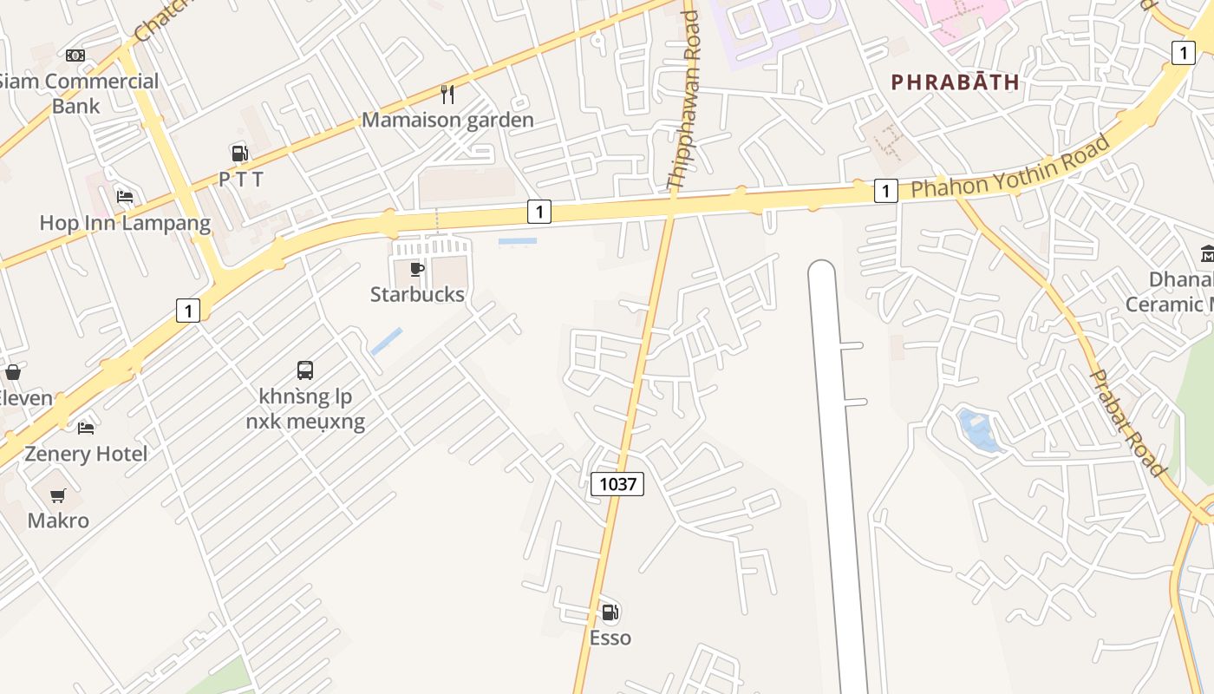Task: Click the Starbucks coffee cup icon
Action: pos(417,269)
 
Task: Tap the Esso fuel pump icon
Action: pos(610,612)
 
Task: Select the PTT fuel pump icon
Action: pos(239,154)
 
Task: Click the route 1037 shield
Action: pos(617,483)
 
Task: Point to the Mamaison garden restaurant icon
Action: pos(447,94)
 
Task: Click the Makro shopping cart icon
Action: pos(58,495)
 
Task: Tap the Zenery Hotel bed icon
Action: pos(86,429)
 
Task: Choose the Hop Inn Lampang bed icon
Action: pos(125,197)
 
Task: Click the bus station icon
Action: pos(305,370)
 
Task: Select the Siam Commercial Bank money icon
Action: pos(75,56)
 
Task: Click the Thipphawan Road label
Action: pos(684,100)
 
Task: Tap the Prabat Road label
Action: pos(1127,422)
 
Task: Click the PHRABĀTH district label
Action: pos(955,82)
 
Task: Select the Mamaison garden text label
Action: pos(447,120)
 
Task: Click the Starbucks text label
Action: pos(417,294)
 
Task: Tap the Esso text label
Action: pos(610,638)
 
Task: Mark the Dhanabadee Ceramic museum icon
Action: pos(1207,254)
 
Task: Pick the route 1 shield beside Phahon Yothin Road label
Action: pos(885,190)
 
